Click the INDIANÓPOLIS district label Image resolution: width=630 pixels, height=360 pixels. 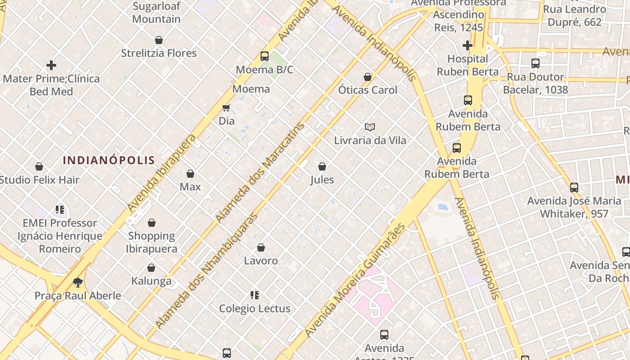click(109, 160)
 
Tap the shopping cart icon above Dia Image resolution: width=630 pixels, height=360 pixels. click(226, 108)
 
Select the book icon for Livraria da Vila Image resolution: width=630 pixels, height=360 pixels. click(370, 127)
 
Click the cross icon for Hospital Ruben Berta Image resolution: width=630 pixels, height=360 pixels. click(468, 45)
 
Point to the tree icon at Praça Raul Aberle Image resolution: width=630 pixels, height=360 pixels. click(78, 283)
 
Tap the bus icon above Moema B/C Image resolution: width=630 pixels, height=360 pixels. click(265, 56)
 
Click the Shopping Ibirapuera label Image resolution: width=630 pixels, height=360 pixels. click(151, 242)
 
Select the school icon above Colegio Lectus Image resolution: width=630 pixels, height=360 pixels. click(255, 296)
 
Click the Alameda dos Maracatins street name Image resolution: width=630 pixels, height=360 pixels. click(260, 172)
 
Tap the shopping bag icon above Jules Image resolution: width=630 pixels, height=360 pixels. click(322, 167)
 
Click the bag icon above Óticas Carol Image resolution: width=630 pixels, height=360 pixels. click(368, 77)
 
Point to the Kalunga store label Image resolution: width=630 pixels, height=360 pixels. click(151, 281)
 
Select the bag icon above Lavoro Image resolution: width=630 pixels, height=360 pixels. click(261, 247)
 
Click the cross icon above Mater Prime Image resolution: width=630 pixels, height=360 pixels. click(51, 65)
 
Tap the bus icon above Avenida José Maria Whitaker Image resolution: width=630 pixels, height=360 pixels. click(574, 188)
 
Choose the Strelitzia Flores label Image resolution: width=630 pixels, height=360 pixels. click(159, 53)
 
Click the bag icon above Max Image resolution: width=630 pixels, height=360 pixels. click(190, 174)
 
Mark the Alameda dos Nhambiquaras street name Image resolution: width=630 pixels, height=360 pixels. click(207, 270)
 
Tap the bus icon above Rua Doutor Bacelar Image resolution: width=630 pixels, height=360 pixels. click(535, 63)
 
